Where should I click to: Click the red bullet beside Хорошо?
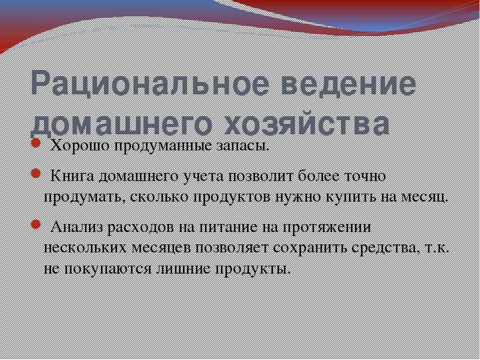pyautogui.click(x=36, y=143)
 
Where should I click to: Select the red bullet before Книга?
pyautogui.click(x=36, y=173)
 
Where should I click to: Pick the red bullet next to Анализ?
pyautogui.click(x=36, y=224)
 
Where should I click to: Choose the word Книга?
pyautogui.click(x=73, y=176)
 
